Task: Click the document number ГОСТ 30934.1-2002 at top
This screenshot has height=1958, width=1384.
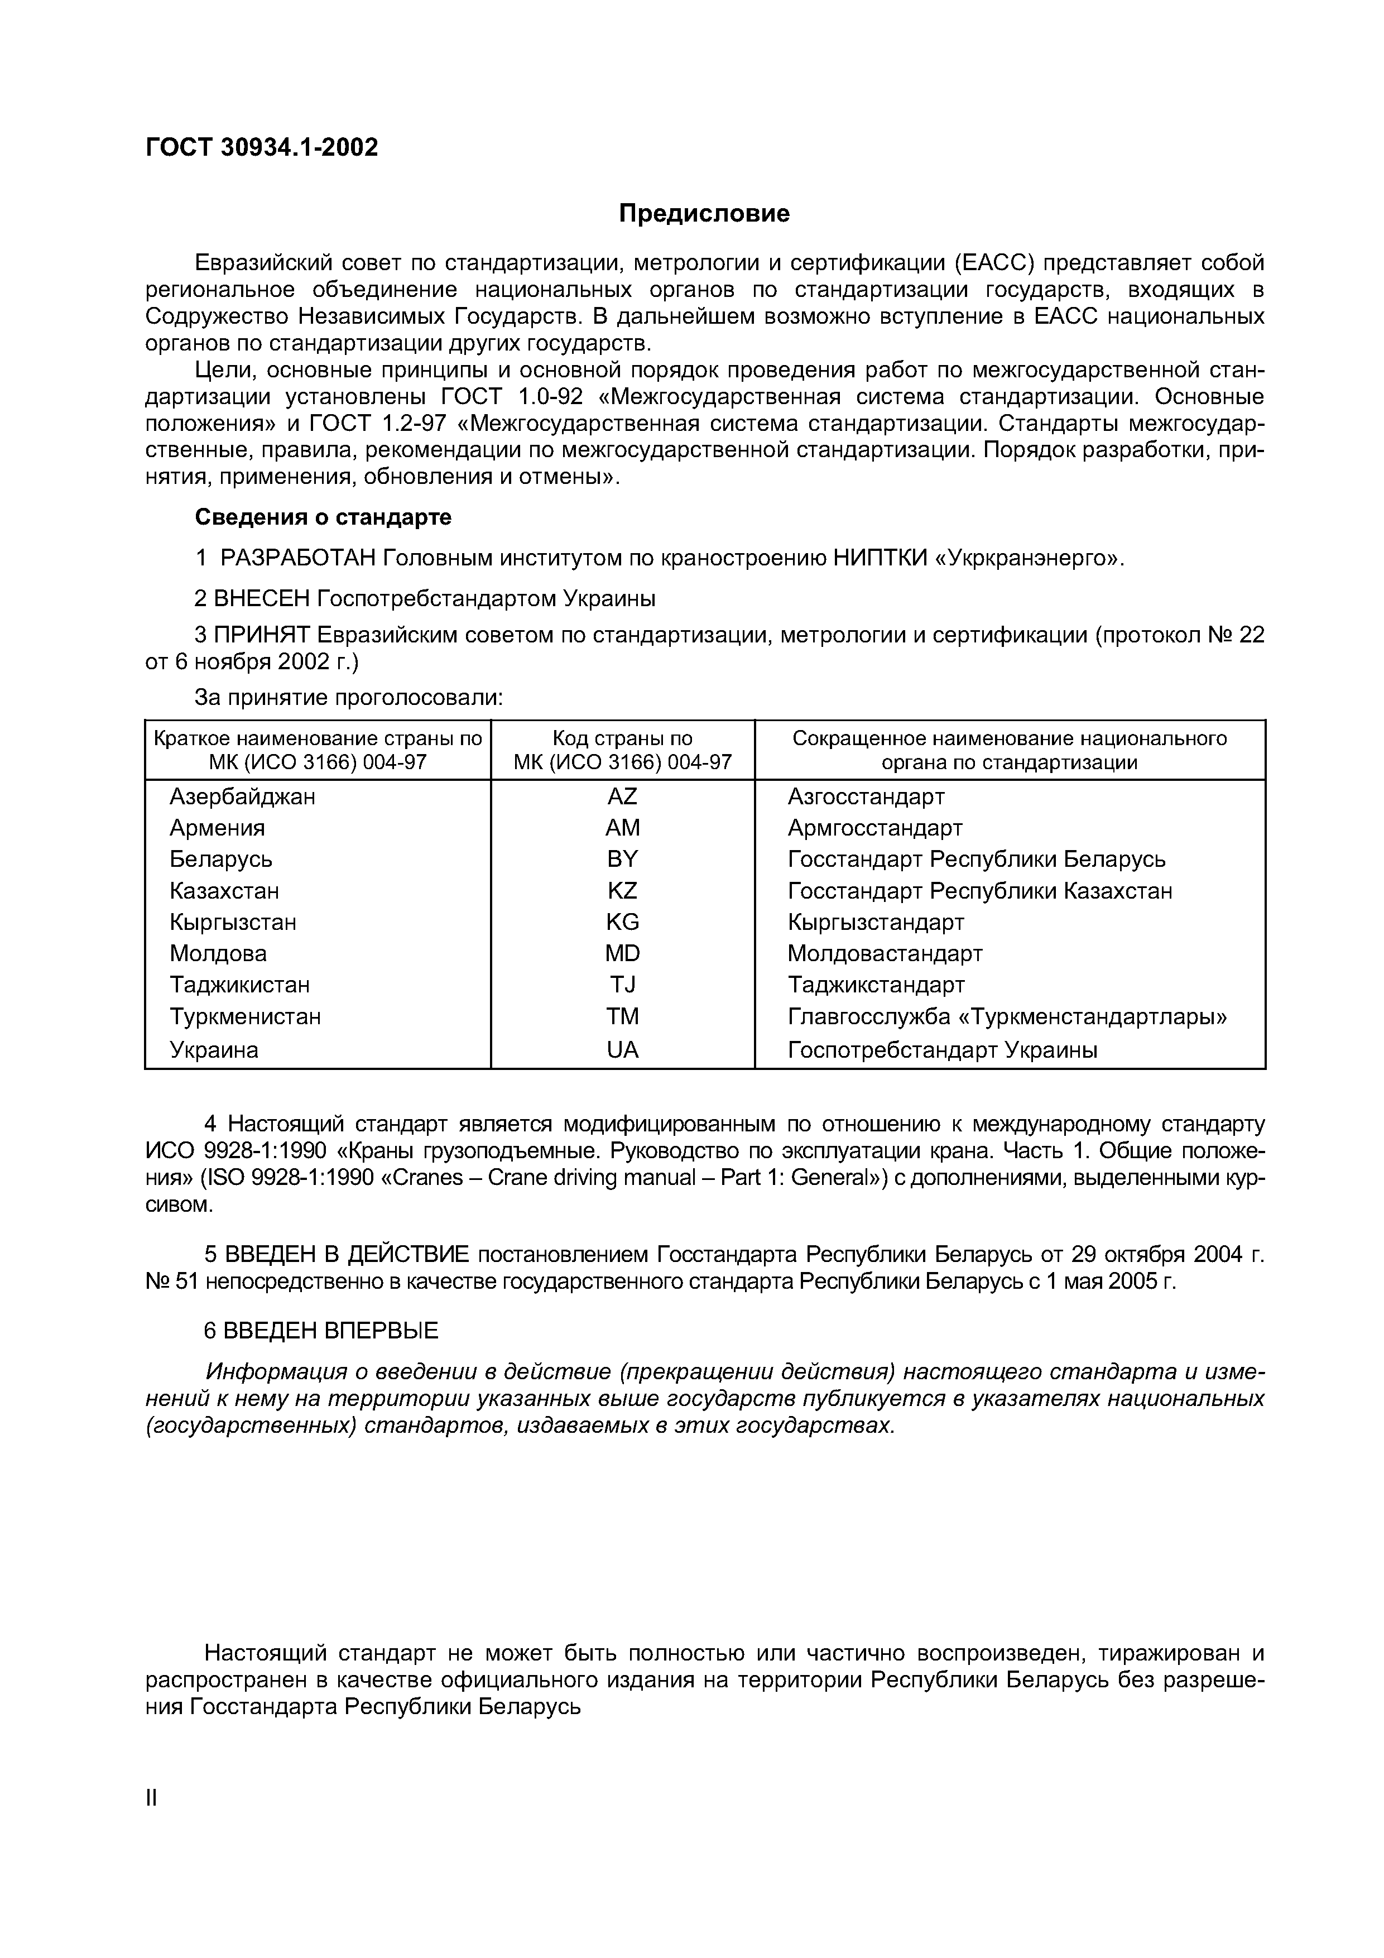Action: click(x=261, y=147)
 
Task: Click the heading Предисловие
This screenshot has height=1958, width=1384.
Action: click(x=704, y=213)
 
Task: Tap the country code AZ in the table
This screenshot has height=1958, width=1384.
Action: click(x=622, y=796)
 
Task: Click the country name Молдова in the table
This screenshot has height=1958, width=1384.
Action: click(x=218, y=953)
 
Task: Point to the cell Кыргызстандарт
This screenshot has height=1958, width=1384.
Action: click(x=875, y=922)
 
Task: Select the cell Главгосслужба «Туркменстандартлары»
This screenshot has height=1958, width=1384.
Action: click(x=1006, y=1016)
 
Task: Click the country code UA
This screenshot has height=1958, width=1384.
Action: click(x=622, y=1050)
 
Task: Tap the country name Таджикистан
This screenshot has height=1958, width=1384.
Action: click(x=239, y=985)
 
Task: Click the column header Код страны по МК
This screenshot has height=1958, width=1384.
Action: click(x=622, y=750)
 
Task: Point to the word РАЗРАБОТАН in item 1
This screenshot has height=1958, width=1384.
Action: click(x=297, y=559)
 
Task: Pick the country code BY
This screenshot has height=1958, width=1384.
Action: click(x=622, y=860)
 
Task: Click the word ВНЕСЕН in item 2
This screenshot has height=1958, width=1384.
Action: click(x=262, y=599)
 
